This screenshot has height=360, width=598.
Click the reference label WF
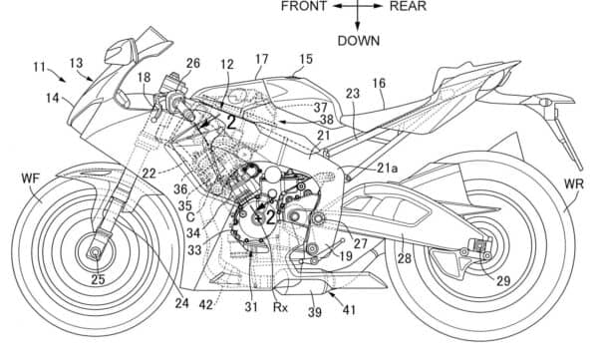point(29,180)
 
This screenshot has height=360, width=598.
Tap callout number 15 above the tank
point(305,60)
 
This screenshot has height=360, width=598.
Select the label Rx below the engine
point(282,307)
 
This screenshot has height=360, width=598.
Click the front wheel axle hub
point(96,252)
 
